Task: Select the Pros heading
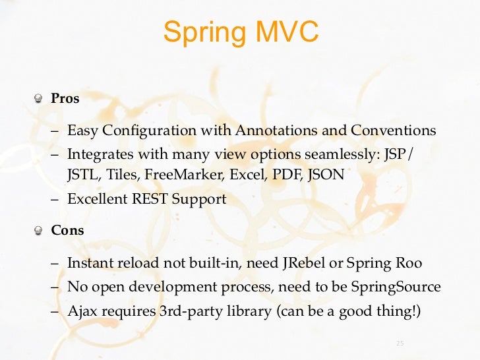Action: pyautogui.click(x=65, y=99)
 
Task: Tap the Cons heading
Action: pyautogui.click(x=68, y=231)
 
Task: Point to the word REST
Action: pyautogui.click(x=149, y=199)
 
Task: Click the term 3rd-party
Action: pyautogui.click(x=189, y=311)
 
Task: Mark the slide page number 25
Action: pyautogui.click(x=399, y=344)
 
